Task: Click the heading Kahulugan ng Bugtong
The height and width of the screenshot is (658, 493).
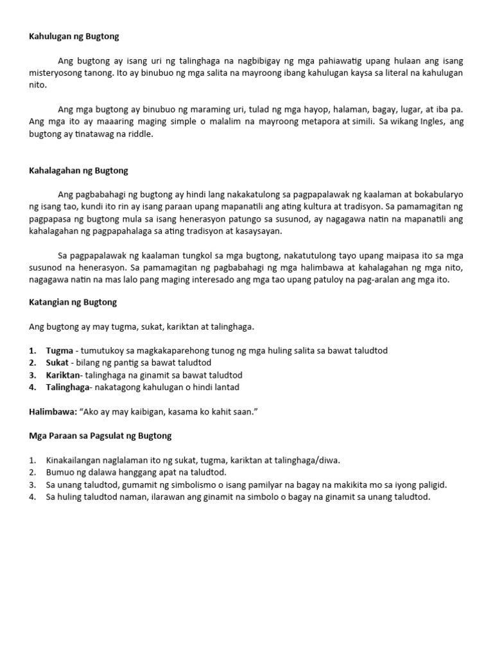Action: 74,37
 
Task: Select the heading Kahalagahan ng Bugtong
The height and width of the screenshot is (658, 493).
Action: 78,170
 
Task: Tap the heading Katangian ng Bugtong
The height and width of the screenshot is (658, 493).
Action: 73,301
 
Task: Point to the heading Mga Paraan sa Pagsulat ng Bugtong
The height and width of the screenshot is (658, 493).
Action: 100,436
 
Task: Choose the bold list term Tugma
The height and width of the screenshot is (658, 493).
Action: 59,350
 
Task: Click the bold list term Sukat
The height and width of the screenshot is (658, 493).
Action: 58,362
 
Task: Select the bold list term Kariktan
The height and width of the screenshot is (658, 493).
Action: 63,375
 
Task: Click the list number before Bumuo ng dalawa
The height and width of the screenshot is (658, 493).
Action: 33,473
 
